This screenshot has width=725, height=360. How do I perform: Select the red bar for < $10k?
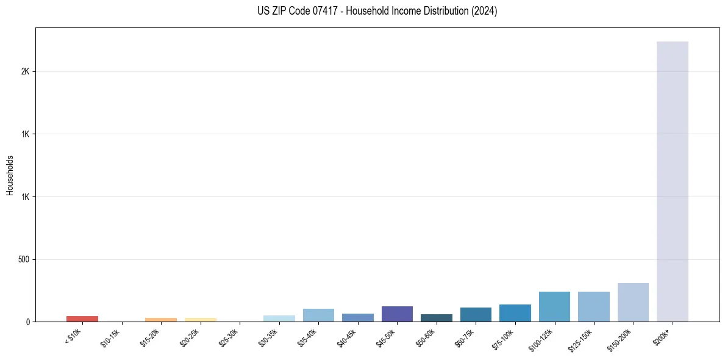click(82, 319)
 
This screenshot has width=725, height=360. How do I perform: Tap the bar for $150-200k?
click(633, 302)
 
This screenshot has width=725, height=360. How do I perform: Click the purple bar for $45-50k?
click(397, 314)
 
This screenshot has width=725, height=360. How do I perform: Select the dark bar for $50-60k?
click(437, 318)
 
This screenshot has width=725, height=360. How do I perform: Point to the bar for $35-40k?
click(318, 315)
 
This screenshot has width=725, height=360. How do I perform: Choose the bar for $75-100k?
click(515, 312)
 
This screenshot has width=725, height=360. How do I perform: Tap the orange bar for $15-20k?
click(161, 319)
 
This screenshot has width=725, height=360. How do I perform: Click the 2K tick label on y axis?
click(26, 71)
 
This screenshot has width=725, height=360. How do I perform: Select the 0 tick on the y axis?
click(28, 322)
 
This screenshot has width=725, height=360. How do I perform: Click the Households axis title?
click(10, 175)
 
